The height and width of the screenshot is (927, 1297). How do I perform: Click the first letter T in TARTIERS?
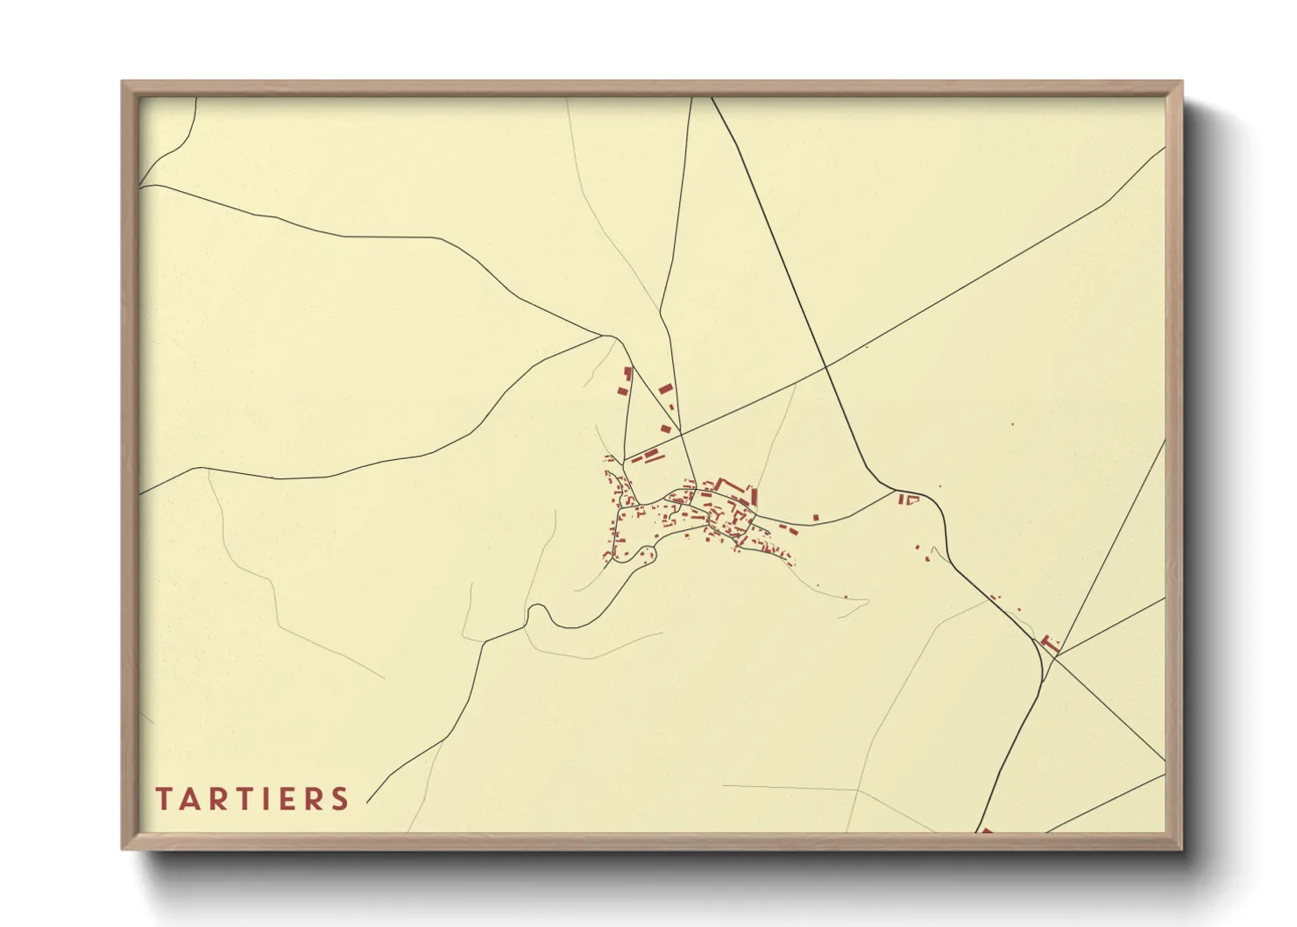pyautogui.click(x=163, y=799)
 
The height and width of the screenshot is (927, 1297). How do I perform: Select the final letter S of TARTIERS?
pyautogui.click(x=340, y=799)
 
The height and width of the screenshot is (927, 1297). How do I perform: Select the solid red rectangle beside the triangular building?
pyautogui.click(x=900, y=499)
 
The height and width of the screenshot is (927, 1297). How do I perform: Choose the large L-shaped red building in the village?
pyautogui.click(x=726, y=485)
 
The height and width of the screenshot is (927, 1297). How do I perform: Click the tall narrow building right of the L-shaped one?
pyautogui.click(x=754, y=497)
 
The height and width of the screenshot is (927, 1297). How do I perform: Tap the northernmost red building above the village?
pyautogui.click(x=627, y=372)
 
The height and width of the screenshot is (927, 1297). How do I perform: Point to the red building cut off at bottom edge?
pyautogui.click(x=986, y=831)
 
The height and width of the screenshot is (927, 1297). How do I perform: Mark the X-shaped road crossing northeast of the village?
pyautogui.click(x=826, y=364)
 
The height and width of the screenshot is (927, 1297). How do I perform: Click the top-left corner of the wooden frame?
pyautogui.click(x=124, y=82)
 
